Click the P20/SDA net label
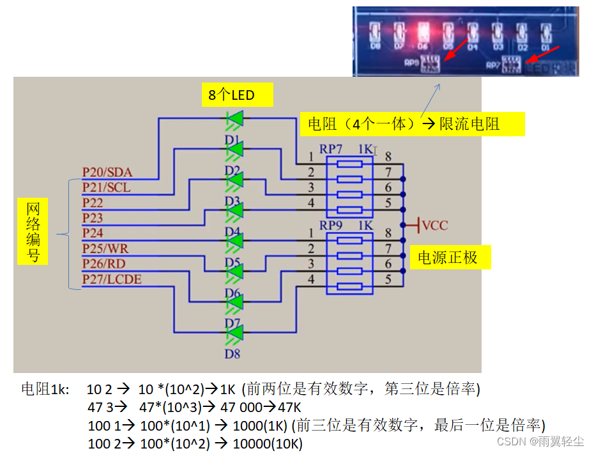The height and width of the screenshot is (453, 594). [107, 172]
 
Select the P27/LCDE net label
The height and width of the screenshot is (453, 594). [112, 280]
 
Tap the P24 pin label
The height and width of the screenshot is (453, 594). [93, 234]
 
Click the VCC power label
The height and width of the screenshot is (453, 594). [434, 225]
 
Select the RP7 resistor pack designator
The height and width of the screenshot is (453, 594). [331, 149]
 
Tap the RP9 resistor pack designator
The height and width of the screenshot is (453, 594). [331, 226]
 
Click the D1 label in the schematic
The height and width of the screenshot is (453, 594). [232, 139]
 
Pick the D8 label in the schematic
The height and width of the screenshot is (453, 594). [232, 353]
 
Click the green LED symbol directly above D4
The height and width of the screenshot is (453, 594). [234, 210]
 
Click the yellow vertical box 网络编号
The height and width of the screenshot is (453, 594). [33, 232]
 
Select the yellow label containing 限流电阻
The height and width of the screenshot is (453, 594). [412, 124]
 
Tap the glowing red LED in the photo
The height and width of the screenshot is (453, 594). [423, 30]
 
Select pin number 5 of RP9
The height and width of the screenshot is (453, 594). [388, 279]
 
